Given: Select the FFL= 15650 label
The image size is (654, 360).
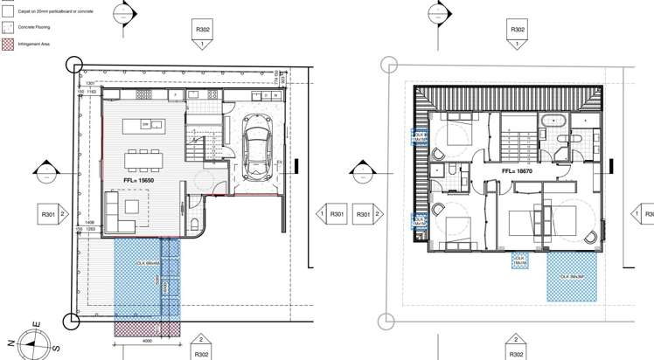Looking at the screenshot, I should pyautogui.click(x=139, y=178).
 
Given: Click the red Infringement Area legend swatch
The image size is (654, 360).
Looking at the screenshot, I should pyautogui.click(x=7, y=42).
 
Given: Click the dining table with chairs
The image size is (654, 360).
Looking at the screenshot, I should pyautogui.click(x=143, y=159).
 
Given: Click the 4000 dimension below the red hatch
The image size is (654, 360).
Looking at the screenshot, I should pyautogui.click(x=147, y=342).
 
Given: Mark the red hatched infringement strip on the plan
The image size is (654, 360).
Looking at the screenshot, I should pyautogui.click(x=147, y=327).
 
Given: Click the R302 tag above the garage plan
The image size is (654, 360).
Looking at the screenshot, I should pyautogui.click(x=202, y=29).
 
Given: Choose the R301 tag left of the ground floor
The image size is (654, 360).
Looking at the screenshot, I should pyautogui.click(x=46, y=213).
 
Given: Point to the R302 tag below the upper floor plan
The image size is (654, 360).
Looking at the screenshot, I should pyautogui.click(x=518, y=354).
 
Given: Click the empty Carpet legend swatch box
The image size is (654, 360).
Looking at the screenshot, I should pyautogui.click(x=7, y=12).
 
